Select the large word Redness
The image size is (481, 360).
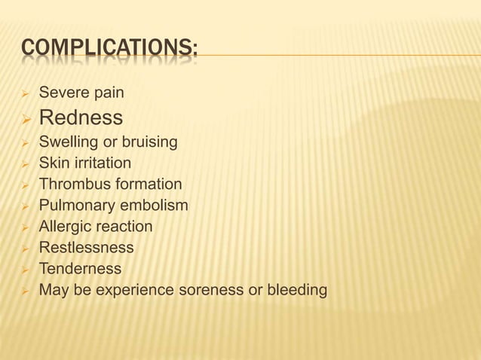click(x=81, y=117)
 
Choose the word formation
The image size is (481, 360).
click(x=148, y=185)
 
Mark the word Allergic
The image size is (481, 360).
click(x=64, y=227)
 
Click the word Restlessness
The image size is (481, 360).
click(x=86, y=248)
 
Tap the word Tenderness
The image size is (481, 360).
click(x=80, y=269)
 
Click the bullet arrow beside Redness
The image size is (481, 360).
click(x=24, y=118)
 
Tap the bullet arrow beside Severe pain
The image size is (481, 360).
click(x=24, y=94)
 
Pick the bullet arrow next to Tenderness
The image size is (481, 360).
click(x=24, y=270)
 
